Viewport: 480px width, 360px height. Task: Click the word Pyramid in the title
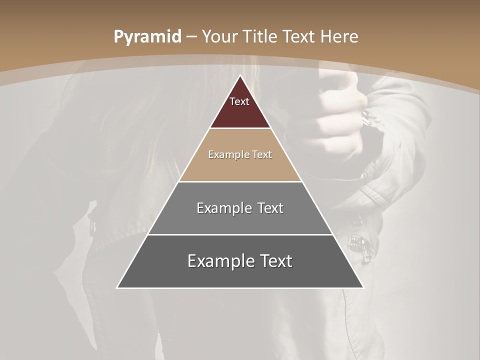147,37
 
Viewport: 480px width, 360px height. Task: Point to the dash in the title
191,37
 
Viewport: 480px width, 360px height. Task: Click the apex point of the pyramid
240,75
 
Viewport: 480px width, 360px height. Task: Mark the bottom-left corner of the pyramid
117,287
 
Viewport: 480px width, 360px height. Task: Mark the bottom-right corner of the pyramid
363,287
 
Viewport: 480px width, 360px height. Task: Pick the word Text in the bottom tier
274,261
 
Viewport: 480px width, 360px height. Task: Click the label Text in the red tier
239,101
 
